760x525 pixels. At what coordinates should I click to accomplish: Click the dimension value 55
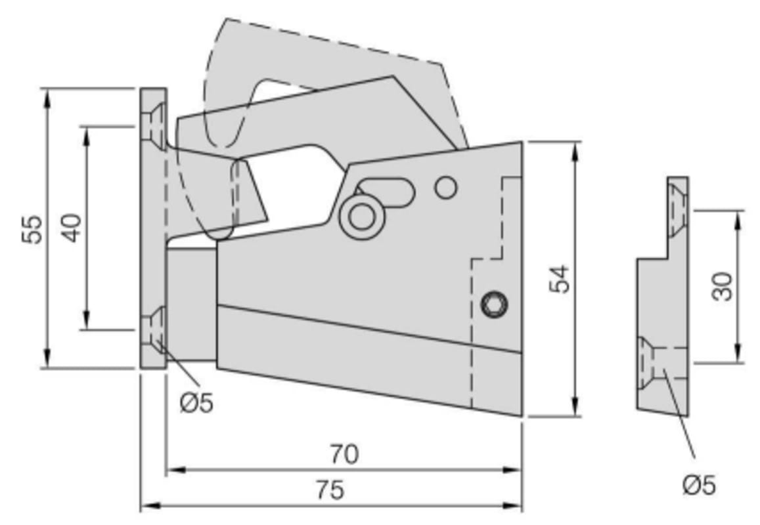pyautogui.click(x=32, y=229)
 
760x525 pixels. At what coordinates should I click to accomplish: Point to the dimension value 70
pyautogui.click(x=345, y=454)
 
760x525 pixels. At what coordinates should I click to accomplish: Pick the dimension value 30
pyautogui.click(x=723, y=286)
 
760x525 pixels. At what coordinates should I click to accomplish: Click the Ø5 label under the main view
pyautogui.click(x=197, y=402)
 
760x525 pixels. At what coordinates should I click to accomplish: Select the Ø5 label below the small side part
pyautogui.click(x=700, y=485)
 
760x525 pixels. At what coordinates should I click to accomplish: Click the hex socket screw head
pyautogui.click(x=494, y=304)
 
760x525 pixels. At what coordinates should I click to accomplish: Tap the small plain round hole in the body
pyautogui.click(x=446, y=188)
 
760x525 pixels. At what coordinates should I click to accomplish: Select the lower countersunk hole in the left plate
pyautogui.click(x=154, y=330)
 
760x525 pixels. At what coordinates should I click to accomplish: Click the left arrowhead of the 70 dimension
pyautogui.click(x=175, y=470)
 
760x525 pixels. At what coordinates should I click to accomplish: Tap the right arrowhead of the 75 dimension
pyautogui.click(x=513, y=506)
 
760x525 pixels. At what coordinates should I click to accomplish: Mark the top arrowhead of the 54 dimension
pyautogui.click(x=575, y=151)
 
